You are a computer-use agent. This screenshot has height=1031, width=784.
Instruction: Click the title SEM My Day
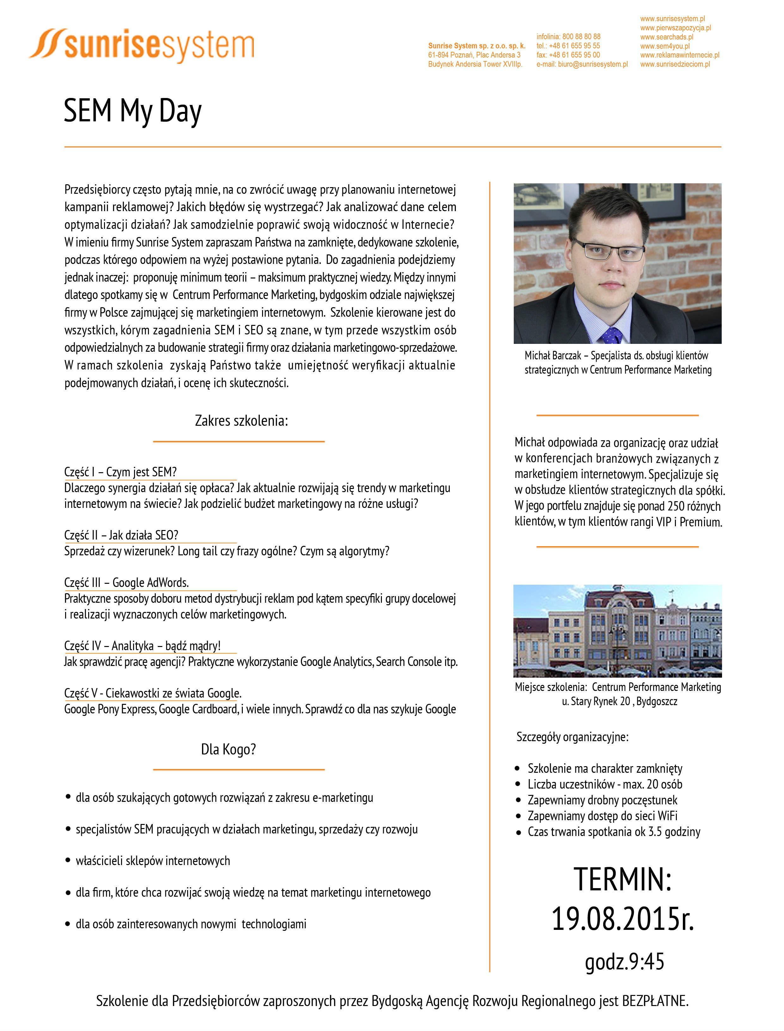tap(132, 111)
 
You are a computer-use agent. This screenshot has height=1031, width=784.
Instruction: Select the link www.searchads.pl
tap(666, 37)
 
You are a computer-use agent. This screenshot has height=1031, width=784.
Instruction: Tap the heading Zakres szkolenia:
tap(241, 421)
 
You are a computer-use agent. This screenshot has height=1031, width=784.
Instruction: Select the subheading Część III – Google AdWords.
tap(126, 583)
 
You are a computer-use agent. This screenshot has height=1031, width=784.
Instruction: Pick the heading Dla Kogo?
tap(228, 749)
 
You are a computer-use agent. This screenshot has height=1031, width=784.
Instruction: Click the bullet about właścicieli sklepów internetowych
tap(153, 861)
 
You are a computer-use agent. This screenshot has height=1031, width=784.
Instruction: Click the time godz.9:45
tap(624, 961)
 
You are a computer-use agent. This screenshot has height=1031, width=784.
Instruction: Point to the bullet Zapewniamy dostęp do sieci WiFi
tap(602, 816)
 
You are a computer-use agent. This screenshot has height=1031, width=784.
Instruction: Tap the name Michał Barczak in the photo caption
tap(553, 356)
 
